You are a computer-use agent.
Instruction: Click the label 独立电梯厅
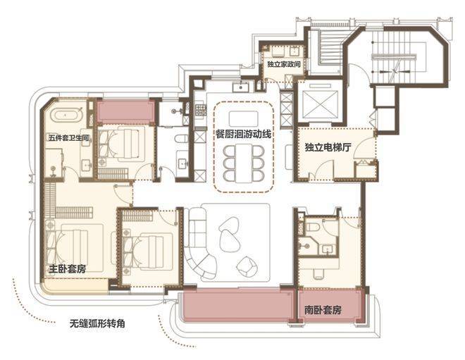[x=328, y=147]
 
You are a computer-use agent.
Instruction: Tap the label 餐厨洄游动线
[x=244, y=134]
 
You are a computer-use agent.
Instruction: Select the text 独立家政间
[x=284, y=64]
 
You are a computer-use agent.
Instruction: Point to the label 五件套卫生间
[x=69, y=137]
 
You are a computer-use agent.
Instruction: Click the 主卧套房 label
[x=68, y=269]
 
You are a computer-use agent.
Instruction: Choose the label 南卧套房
[x=323, y=310]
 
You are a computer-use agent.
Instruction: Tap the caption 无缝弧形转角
[x=97, y=323]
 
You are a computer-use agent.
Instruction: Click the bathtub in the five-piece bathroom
[x=68, y=115]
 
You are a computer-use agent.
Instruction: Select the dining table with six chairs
[x=244, y=163]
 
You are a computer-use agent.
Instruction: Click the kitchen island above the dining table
[x=244, y=118]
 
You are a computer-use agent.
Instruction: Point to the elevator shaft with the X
[x=321, y=104]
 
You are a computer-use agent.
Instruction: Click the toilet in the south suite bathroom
[x=312, y=228]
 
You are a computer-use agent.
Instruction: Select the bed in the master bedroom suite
[x=75, y=247]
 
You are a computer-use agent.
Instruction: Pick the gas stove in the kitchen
[x=201, y=110]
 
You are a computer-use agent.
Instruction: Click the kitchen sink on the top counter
[x=240, y=87]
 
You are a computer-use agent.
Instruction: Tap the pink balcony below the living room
[x=240, y=306]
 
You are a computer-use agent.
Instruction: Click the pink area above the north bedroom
[x=125, y=112]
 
